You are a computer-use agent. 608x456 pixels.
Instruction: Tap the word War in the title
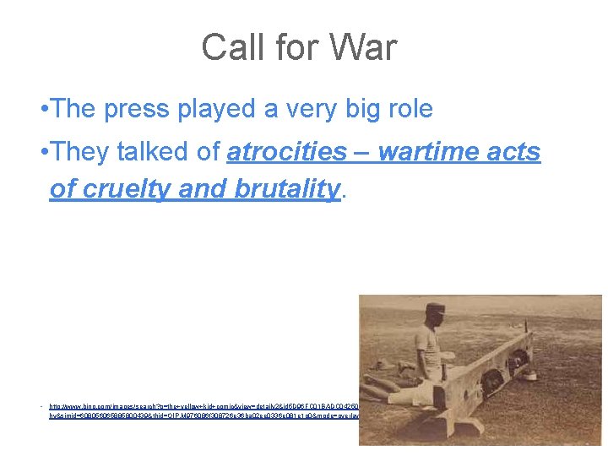[362, 47]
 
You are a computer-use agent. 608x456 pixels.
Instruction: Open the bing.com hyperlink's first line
[203, 405]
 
